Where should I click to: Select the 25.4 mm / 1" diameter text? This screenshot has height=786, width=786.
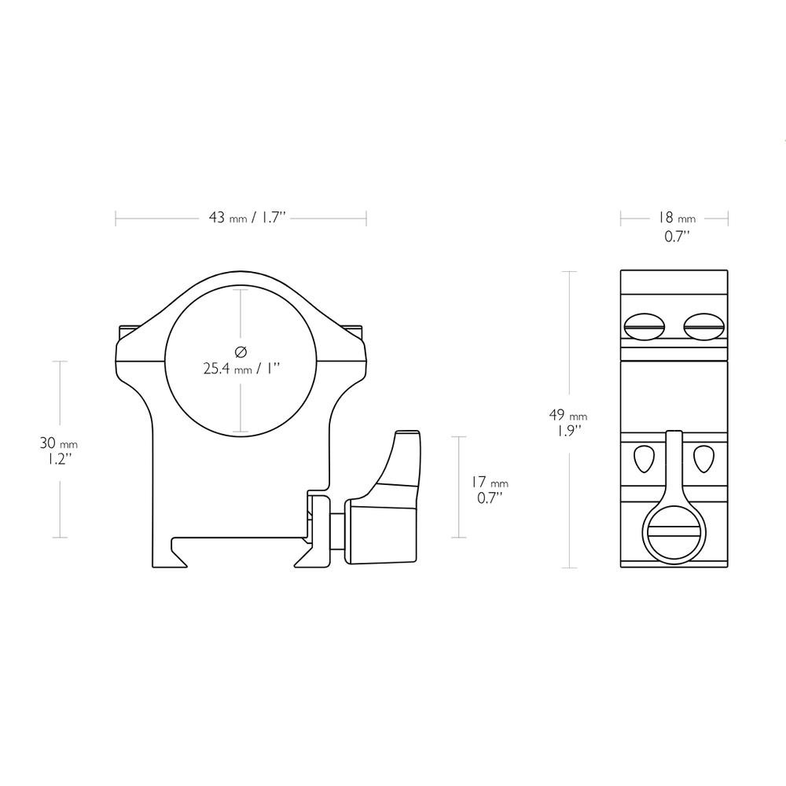coord(241,368)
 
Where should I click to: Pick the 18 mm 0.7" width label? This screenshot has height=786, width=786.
coord(675,226)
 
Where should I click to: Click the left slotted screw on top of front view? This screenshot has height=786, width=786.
coord(644,324)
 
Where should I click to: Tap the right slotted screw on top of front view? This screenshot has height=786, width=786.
coord(704,324)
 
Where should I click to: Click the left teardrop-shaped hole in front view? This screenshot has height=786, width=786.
coord(644,457)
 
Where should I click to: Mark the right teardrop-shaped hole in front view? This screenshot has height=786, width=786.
coord(703,457)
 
